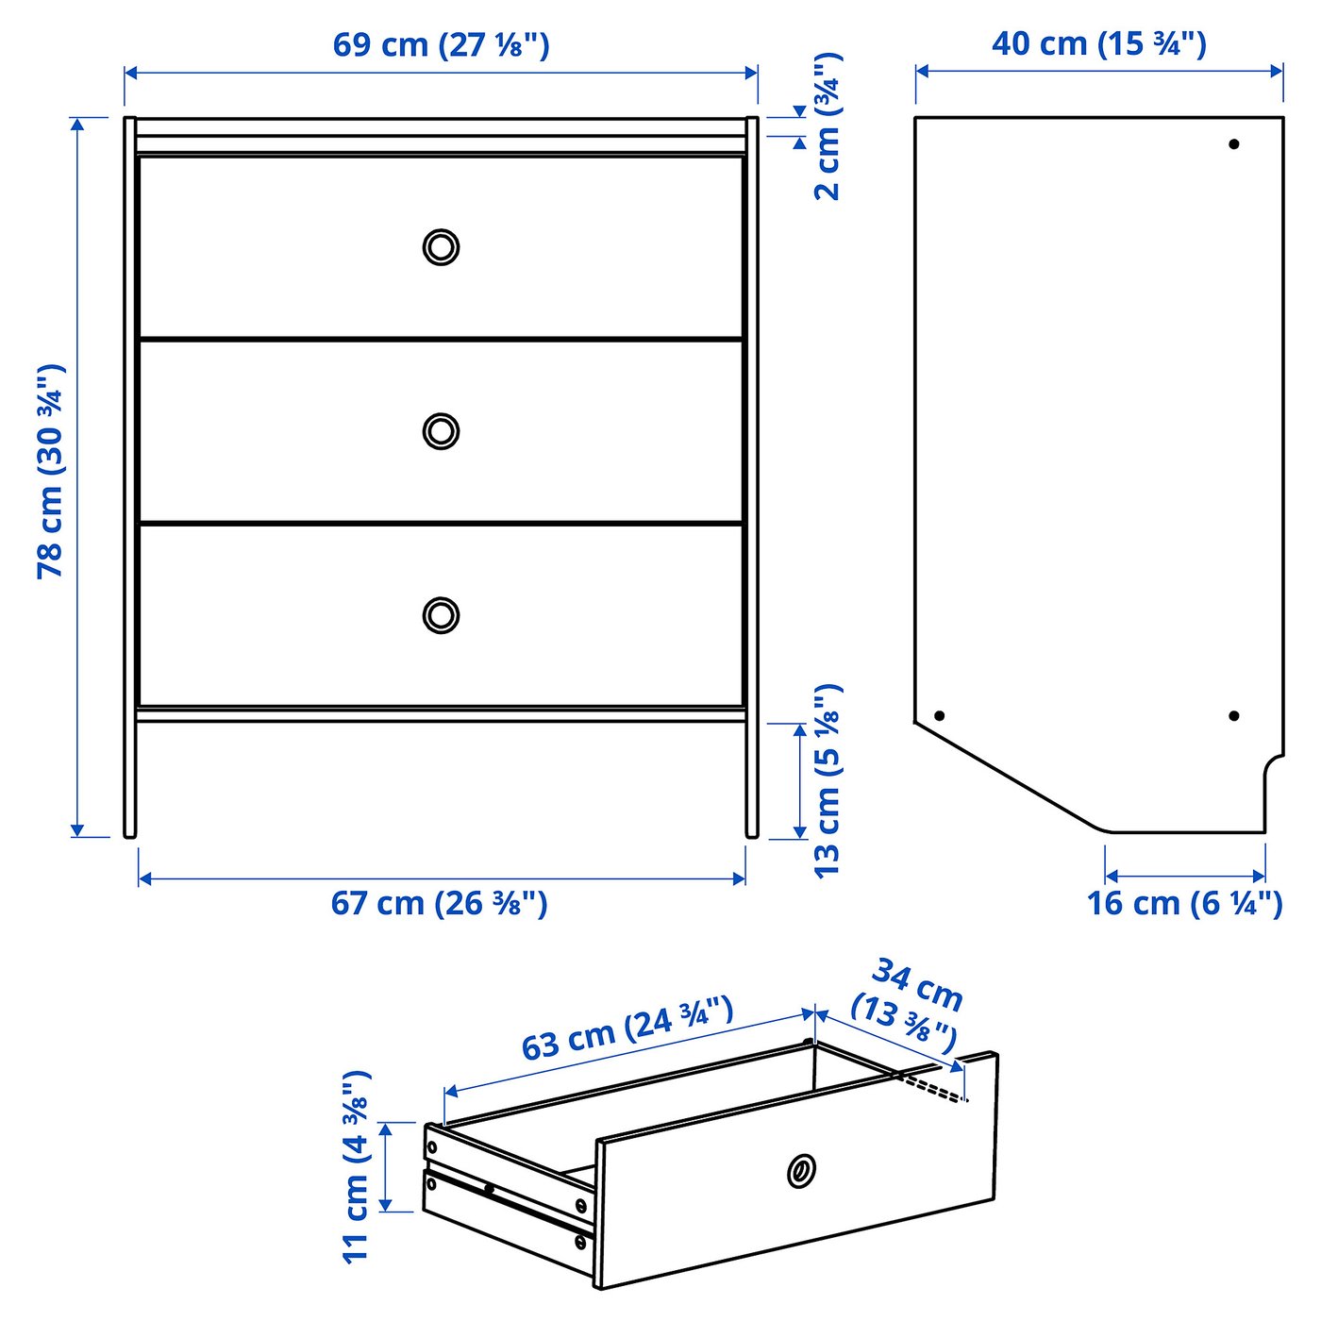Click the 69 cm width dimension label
(441, 45)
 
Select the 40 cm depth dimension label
(1099, 43)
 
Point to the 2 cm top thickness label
(827, 127)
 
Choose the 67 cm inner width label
(440, 903)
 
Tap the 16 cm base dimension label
(1184, 903)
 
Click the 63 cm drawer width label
(627, 1028)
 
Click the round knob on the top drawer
(441, 247)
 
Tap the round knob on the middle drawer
(441, 431)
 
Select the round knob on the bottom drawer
(441, 615)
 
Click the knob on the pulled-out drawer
(801, 1169)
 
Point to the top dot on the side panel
(1234, 144)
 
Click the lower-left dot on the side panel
(939, 715)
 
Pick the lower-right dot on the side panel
(1234, 715)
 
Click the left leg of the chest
(129, 779)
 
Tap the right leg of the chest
(752, 779)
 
